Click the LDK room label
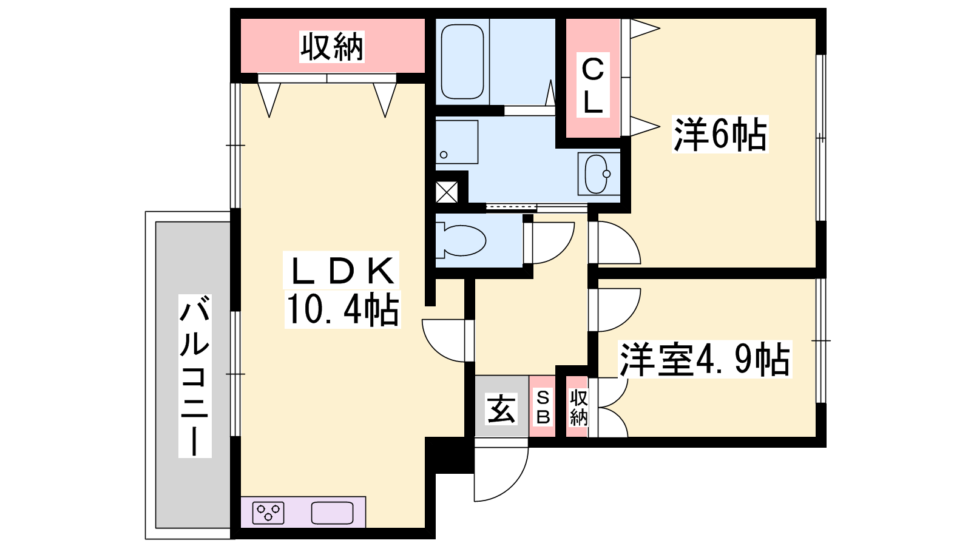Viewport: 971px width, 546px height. (x=340, y=271)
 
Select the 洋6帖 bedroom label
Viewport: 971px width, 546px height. (x=720, y=134)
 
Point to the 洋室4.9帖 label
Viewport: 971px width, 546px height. (x=705, y=359)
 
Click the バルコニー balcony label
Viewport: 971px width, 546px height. (x=195, y=376)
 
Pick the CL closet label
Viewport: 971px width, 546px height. (x=592, y=85)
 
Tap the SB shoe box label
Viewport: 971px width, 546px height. (x=543, y=407)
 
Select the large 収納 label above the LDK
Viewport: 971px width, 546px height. (x=331, y=46)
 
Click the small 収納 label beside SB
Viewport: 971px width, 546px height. (x=578, y=407)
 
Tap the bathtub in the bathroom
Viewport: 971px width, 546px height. (x=462, y=61)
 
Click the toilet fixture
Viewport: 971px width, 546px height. (x=461, y=239)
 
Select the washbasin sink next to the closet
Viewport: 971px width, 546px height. (x=598, y=174)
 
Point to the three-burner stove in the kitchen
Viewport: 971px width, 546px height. (x=268, y=513)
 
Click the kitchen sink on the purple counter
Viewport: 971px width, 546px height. (x=332, y=513)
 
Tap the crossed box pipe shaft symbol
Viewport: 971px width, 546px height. (x=447, y=192)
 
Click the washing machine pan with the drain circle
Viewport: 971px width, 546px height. (x=457, y=142)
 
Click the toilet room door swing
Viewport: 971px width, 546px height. (x=562, y=252)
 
